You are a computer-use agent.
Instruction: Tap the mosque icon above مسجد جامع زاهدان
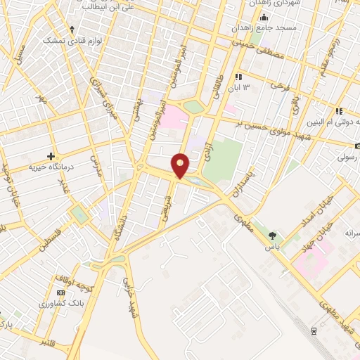tap(263, 18)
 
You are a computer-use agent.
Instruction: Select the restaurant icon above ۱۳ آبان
tap(239, 76)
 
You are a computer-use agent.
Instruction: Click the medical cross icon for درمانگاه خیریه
tap(51, 155)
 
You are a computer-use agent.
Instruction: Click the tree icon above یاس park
tap(273, 236)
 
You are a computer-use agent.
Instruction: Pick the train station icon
tap(314, 330)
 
